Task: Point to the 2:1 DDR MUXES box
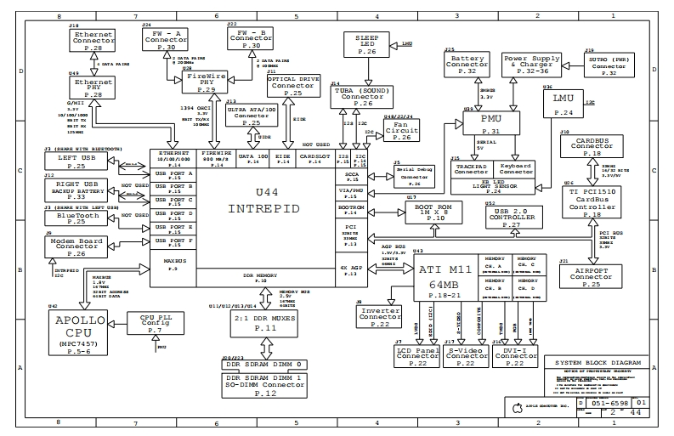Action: (x=266, y=323)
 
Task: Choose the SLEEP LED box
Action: (x=365, y=46)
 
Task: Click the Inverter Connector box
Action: (x=379, y=317)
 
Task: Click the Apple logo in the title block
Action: (x=514, y=407)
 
